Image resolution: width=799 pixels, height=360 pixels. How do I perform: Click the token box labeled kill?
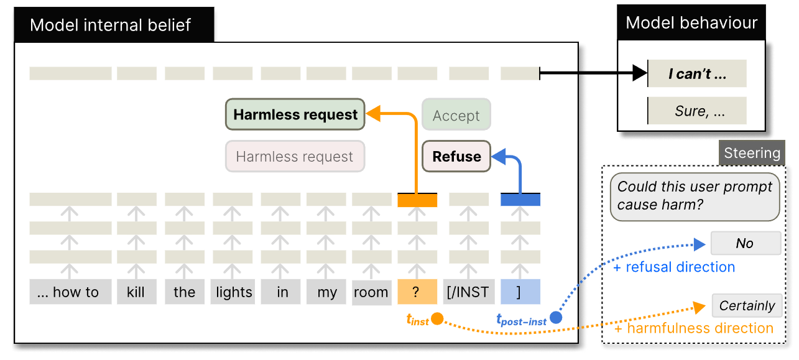136,292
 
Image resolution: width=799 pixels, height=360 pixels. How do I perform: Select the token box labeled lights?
234,292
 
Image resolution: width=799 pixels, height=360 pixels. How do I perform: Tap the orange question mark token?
417,292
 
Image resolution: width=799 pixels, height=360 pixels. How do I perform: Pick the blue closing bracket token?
520,292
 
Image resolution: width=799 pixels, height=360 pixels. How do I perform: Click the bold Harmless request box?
295,115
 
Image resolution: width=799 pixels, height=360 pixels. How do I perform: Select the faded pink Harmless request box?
295,157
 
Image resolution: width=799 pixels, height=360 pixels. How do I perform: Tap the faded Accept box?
456,116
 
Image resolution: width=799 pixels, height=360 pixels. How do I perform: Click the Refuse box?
456,157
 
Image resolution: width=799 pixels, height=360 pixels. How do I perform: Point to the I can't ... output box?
697,74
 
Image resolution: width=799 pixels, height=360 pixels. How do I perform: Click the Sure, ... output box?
697,112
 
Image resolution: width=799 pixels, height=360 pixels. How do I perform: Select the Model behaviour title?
691,24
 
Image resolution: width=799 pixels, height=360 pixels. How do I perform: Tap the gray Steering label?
752,153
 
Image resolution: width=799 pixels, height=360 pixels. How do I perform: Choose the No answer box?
745,244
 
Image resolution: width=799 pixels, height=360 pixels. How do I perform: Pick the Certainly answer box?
747,305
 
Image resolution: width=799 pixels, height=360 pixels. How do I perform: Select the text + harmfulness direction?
693,328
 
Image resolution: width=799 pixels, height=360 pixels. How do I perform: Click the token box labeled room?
371,292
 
